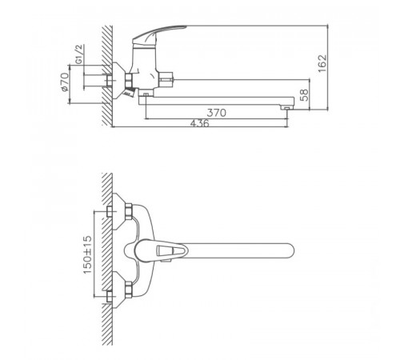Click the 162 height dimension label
[322, 63]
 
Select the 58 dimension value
[304, 95]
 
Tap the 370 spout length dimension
[217, 113]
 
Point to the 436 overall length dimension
[200, 123]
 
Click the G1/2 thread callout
[79, 54]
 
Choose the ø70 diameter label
[65, 82]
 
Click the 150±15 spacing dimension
[87, 254]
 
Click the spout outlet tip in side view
[286, 107]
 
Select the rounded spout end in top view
[290, 250]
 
